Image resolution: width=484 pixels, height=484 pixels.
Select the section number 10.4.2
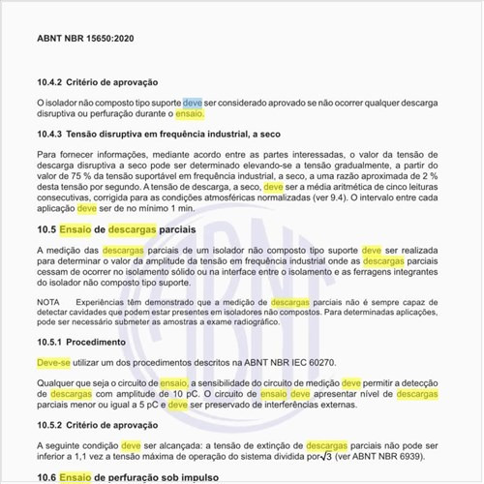point(50,82)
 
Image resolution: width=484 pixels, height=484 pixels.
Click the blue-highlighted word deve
point(194,101)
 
